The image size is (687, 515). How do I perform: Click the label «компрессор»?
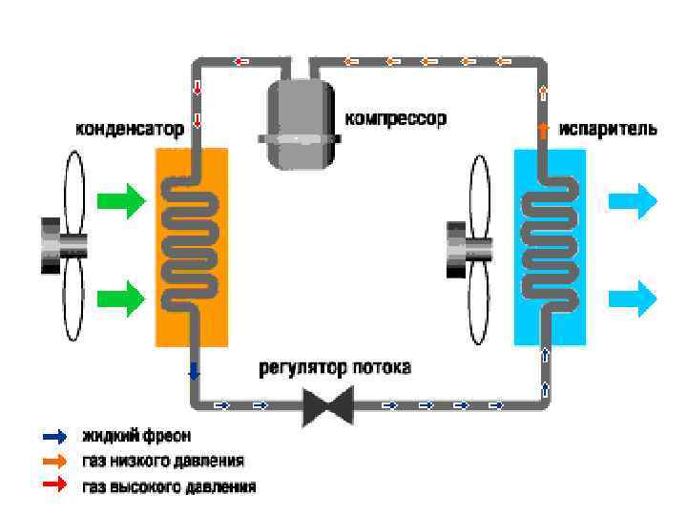(x=395, y=119)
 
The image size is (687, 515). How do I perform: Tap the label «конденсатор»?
(x=131, y=130)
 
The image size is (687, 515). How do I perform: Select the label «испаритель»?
(x=608, y=130)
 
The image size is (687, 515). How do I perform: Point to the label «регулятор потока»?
(x=335, y=367)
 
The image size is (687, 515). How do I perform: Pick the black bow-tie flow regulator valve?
(x=327, y=405)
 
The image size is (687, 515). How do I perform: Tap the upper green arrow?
(x=121, y=201)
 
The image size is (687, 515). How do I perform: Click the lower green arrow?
(x=121, y=298)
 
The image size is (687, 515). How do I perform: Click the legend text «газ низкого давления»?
(x=163, y=462)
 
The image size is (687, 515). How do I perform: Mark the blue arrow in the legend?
(x=55, y=437)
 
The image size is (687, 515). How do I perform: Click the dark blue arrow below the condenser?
(x=195, y=371)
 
